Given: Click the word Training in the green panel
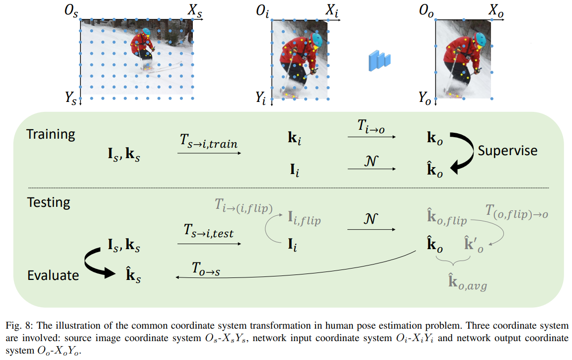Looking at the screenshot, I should coord(51,135).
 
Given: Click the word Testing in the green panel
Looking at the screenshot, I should coord(48,202).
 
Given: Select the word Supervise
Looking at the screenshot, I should coord(507,151).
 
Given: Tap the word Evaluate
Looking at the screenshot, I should coord(53,275).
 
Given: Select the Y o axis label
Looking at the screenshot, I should coord(425,97).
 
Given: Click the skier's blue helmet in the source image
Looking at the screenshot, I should coord(147,32).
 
